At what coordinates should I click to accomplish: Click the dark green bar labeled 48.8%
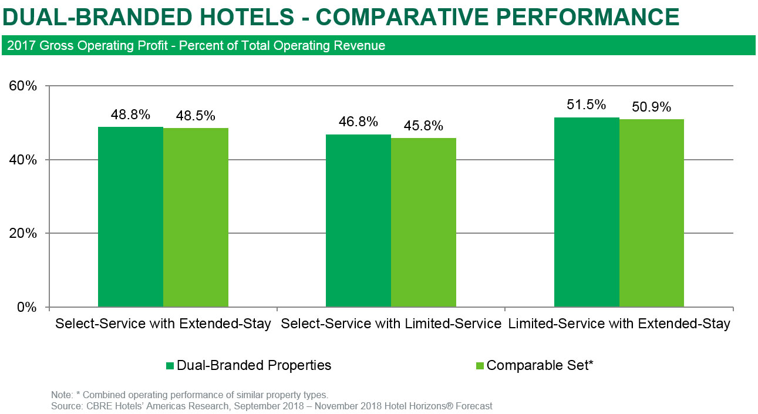[130, 217]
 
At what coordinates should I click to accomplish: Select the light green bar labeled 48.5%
[196, 217]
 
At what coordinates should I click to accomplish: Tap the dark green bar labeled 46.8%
[358, 221]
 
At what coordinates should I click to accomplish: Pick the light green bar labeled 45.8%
[423, 223]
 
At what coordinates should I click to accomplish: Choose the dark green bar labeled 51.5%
[587, 212]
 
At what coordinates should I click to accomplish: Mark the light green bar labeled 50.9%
[652, 213]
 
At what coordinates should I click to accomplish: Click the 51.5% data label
[587, 105]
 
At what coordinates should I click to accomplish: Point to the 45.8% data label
[423, 126]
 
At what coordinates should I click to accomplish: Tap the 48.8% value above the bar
[130, 115]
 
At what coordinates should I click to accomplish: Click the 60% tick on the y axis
[23, 86]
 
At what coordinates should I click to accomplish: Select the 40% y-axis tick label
[23, 160]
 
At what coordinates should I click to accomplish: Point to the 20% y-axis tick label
[23, 233]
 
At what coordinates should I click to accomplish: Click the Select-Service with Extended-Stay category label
[163, 324]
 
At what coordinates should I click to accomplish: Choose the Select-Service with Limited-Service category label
[390, 324]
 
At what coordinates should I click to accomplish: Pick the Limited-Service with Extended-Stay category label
[619, 324]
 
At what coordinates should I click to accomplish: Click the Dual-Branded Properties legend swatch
[170, 366]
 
